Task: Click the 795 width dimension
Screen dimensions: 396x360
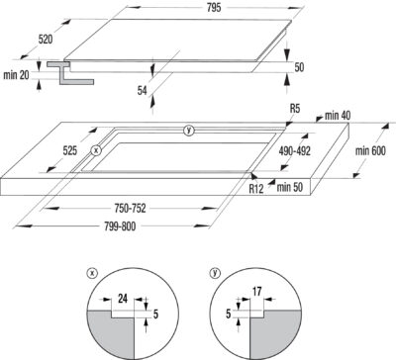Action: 214,8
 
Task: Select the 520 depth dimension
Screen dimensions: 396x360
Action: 46,40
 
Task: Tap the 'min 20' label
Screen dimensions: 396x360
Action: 16,75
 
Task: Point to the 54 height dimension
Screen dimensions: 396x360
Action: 143,90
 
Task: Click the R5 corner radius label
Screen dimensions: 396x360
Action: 295,109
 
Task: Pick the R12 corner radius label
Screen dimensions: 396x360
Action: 256,189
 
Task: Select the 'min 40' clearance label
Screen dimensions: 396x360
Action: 338,116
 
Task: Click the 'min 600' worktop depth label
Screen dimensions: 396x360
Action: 370,150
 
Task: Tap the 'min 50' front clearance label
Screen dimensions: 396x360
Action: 289,187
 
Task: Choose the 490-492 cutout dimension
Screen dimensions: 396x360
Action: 295,150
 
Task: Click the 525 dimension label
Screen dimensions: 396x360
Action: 70,150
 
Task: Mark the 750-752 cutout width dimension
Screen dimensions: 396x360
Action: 130,209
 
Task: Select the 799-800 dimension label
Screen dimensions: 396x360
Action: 120,226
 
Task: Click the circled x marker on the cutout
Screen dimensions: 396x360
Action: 96,150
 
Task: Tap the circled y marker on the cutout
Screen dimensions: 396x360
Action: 189,131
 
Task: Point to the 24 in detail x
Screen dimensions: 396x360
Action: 123,299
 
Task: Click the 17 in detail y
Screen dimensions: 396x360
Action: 257,292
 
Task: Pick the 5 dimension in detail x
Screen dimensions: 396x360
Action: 155,314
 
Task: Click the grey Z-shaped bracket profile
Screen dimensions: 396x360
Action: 70,72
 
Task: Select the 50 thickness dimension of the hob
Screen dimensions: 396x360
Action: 299,67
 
